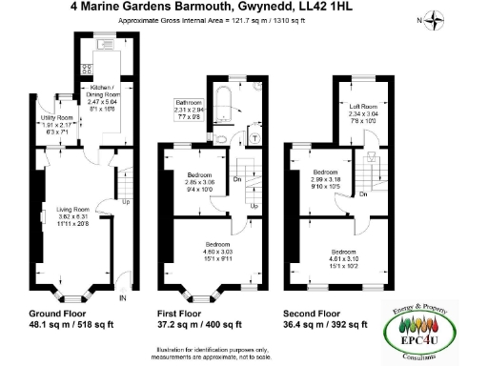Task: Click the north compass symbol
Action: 434,19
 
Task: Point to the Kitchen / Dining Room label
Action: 98,91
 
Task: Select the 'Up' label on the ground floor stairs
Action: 125,202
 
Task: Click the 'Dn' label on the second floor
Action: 365,194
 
